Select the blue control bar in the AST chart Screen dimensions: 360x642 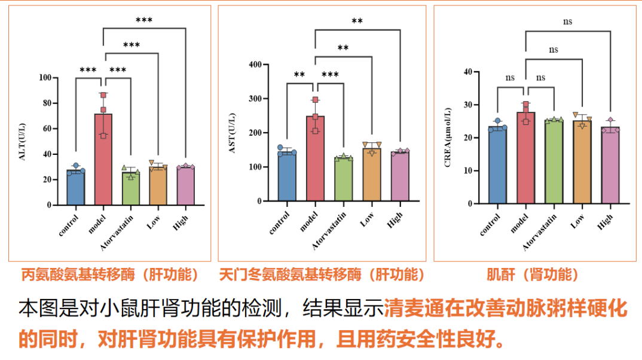287,177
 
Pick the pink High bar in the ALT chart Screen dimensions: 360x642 185,187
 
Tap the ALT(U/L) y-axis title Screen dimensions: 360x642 24,142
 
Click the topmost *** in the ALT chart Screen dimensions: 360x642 144,21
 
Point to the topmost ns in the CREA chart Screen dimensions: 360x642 567,22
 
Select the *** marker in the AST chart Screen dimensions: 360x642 330,75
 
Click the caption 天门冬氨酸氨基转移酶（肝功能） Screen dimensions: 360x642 322,274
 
